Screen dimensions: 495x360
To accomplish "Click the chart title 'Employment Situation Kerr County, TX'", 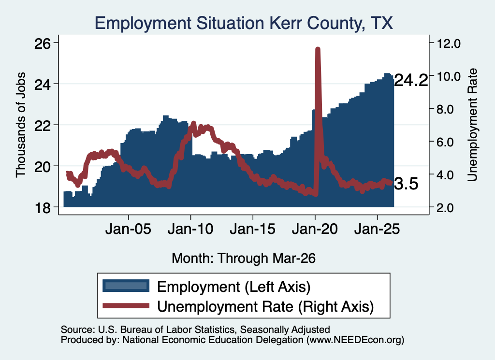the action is pyautogui.click(x=244, y=24).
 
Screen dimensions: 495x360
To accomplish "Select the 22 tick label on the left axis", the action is pyautogui.click(x=43, y=125).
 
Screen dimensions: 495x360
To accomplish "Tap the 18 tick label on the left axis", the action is pyautogui.click(x=43, y=208).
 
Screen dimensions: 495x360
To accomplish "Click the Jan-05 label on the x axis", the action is pyautogui.click(x=128, y=229).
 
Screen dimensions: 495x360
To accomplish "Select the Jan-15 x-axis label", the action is pyautogui.click(x=252, y=229).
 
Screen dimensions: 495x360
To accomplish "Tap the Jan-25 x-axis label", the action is pyautogui.click(x=377, y=229).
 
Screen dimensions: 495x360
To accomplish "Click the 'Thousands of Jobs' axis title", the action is pyautogui.click(x=20, y=125).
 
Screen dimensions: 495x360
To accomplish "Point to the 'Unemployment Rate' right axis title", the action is pyautogui.click(x=472, y=125).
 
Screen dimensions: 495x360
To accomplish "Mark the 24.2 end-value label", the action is pyautogui.click(x=411, y=80).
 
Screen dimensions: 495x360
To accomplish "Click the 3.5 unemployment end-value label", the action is pyautogui.click(x=406, y=184).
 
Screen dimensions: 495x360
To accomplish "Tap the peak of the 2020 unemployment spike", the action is pyautogui.click(x=318, y=49).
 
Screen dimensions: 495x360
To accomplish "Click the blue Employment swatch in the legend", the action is pyautogui.click(x=126, y=286).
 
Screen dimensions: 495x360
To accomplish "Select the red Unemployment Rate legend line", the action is pyautogui.click(x=126, y=305).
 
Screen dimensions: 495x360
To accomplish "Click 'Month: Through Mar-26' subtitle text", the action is pyautogui.click(x=244, y=258).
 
